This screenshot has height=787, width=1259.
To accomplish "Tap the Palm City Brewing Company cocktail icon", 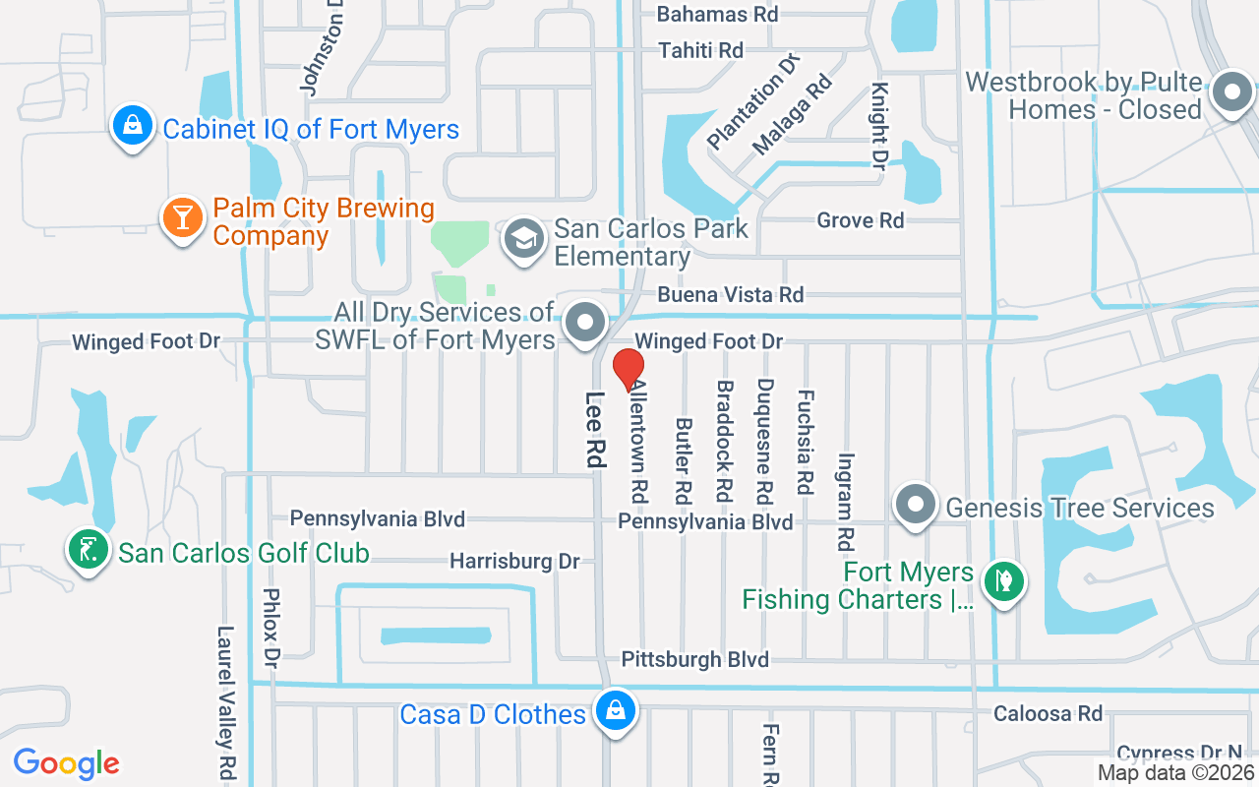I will tap(182, 216).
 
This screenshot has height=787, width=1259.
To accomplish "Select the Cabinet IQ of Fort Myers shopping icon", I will tap(130, 125).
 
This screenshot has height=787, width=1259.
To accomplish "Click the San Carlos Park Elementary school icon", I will tap(524, 238).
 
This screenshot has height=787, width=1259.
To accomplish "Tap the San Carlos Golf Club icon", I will tap(88, 549).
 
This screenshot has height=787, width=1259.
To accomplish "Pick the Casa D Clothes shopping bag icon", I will tap(616, 710).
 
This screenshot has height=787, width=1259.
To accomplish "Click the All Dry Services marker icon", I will tap(587, 323).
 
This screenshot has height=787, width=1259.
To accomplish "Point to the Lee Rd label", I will tap(595, 430).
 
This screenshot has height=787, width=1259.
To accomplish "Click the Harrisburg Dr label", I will tap(514, 562).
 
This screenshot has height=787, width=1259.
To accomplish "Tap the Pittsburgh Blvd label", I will tap(695, 660).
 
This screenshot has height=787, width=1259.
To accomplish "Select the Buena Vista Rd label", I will tap(730, 294).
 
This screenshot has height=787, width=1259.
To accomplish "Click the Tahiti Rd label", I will tap(700, 50).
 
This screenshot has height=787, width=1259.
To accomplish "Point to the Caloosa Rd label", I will tap(1048, 713).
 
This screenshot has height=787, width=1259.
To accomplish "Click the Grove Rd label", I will tap(860, 220).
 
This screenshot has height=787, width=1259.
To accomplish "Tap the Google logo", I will tap(66, 762).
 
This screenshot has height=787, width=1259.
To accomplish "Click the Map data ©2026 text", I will tap(1176, 773).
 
